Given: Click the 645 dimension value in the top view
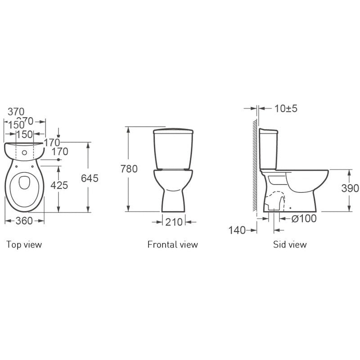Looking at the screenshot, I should point(90,178).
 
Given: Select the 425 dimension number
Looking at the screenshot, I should point(59,185).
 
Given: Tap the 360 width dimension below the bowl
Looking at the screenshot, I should point(25,221).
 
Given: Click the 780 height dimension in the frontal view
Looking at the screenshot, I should point(129,169).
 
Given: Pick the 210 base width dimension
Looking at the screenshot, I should point(173,221).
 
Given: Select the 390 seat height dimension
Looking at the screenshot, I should point(350,188).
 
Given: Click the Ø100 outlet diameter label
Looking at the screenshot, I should point(304,218).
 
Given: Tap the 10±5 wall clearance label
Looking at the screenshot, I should point(286,108).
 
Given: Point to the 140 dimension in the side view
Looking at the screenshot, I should point(237,230).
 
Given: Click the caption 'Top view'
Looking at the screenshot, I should point(24,244).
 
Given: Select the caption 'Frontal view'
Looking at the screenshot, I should point(172,244).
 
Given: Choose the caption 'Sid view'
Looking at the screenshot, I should point(290,244).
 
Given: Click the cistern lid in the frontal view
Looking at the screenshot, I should point(173,132).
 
